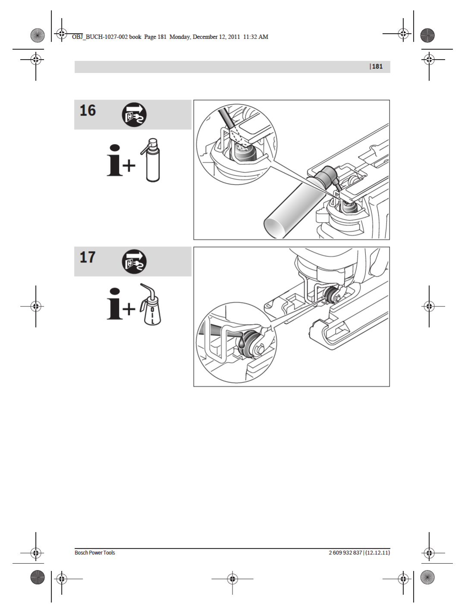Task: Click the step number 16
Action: pyautogui.click(x=88, y=110)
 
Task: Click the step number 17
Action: pyautogui.click(x=88, y=257)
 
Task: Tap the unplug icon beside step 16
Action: pyautogui.click(x=134, y=115)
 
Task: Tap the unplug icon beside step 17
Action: pyautogui.click(x=134, y=262)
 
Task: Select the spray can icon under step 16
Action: pyautogui.click(x=151, y=160)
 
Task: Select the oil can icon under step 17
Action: pyautogui.click(x=151, y=304)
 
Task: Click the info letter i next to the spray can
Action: pyautogui.click(x=114, y=160)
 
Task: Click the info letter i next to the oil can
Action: pyautogui.click(x=114, y=304)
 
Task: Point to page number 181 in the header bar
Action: pyautogui.click(x=377, y=66)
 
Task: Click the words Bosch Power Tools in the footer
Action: pyautogui.click(x=95, y=552)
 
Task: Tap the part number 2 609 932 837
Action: pyautogui.click(x=345, y=552)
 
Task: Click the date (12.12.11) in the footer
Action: pyautogui.click(x=377, y=552)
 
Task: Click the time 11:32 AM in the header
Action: pyautogui.click(x=255, y=37)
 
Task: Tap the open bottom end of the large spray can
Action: pyautogui.click(x=276, y=228)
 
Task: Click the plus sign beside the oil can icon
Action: pyautogui.click(x=129, y=309)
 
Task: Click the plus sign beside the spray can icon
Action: pyautogui.click(x=129, y=166)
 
